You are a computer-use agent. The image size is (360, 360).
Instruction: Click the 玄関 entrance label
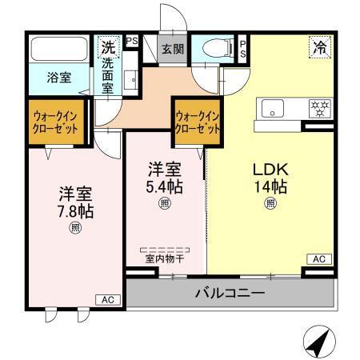click(172, 49)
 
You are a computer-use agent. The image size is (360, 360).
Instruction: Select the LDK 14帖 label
click(270, 178)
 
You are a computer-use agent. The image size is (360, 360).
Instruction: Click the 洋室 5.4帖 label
click(164, 177)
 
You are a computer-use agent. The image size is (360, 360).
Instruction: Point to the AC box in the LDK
click(318, 259)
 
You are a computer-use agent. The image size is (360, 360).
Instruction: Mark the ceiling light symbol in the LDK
click(270, 204)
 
